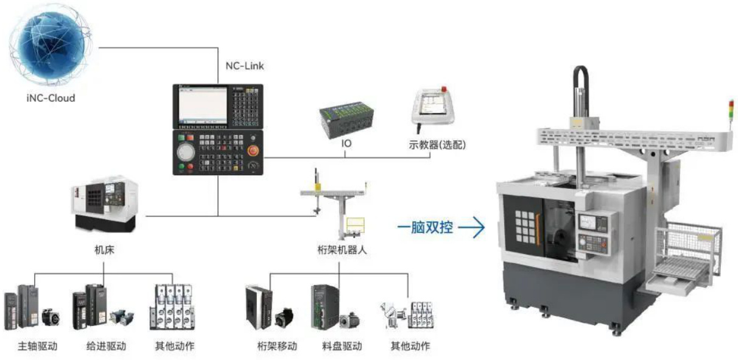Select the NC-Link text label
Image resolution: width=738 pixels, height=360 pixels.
pyautogui.click(x=244, y=66)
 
